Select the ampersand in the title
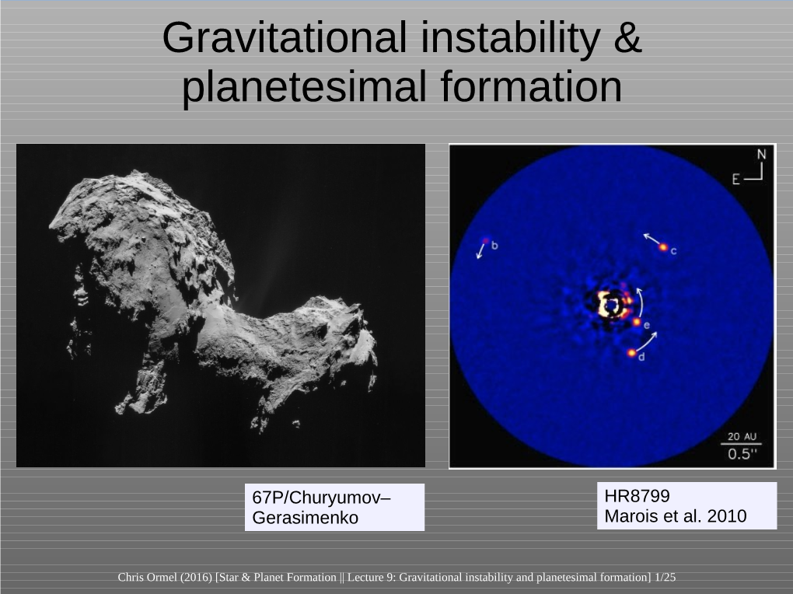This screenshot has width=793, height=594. click(x=627, y=38)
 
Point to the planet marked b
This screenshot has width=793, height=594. click(x=486, y=240)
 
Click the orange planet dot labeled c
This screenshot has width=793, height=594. click(x=663, y=247)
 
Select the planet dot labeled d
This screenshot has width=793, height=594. click(x=632, y=353)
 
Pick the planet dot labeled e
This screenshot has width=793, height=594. click(x=637, y=321)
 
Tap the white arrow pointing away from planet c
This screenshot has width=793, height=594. click(x=650, y=239)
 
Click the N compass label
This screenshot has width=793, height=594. click(x=762, y=155)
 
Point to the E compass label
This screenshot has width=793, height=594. click(x=735, y=180)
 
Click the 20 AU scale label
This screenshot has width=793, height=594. click(x=744, y=437)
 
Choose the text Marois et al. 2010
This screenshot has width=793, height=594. click(x=675, y=515)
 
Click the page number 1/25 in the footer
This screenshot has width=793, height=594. click(x=665, y=577)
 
